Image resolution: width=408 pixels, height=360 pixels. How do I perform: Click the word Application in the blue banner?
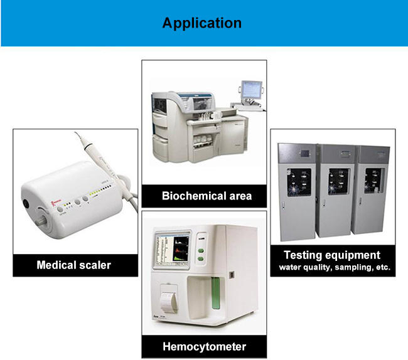tap(201, 23)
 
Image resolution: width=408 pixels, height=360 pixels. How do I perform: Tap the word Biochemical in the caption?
tap(189, 196)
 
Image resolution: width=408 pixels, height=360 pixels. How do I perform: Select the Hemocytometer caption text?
tap(204, 346)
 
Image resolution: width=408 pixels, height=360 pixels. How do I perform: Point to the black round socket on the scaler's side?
tap(26, 203)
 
